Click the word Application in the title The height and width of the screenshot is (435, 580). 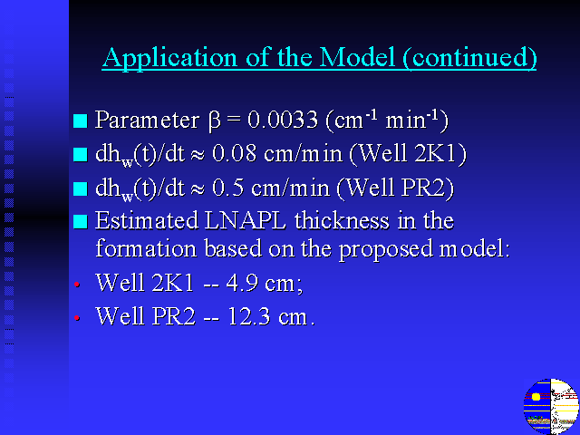[169, 58]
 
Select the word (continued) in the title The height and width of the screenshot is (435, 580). [469, 58]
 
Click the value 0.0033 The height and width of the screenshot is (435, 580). [283, 120]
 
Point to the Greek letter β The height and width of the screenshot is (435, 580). [215, 121]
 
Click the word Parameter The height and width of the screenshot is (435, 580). [147, 120]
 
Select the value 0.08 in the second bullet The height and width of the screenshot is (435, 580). [234, 153]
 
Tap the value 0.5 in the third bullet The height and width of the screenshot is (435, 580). [227, 188]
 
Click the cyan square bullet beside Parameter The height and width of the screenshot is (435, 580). [81, 121]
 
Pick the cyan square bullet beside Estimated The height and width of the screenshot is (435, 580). [81, 221]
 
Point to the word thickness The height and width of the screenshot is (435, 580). [342, 220]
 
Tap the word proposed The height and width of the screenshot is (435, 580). [385, 249]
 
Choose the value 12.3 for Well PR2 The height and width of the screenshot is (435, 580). [248, 316]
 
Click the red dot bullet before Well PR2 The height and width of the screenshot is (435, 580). [77, 318]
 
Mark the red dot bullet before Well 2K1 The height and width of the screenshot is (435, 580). [77, 284]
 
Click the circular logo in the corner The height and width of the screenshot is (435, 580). [551, 406]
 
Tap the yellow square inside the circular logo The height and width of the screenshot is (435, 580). [536, 397]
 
